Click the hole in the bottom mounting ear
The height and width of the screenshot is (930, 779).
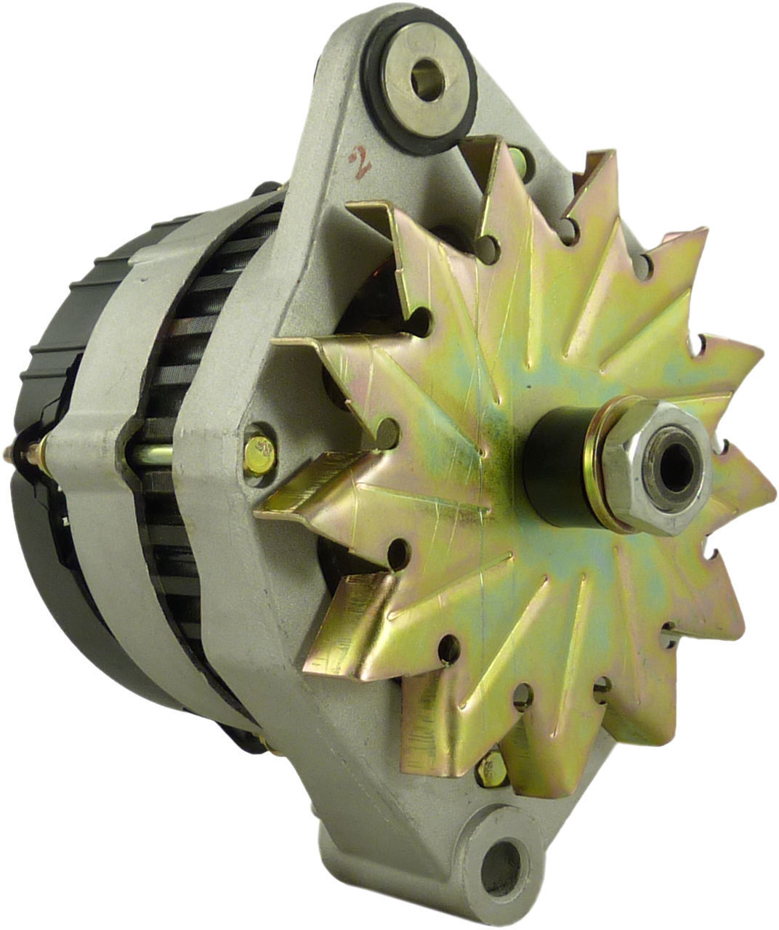click(x=501, y=869)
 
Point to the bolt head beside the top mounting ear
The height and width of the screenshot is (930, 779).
click(x=517, y=158)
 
